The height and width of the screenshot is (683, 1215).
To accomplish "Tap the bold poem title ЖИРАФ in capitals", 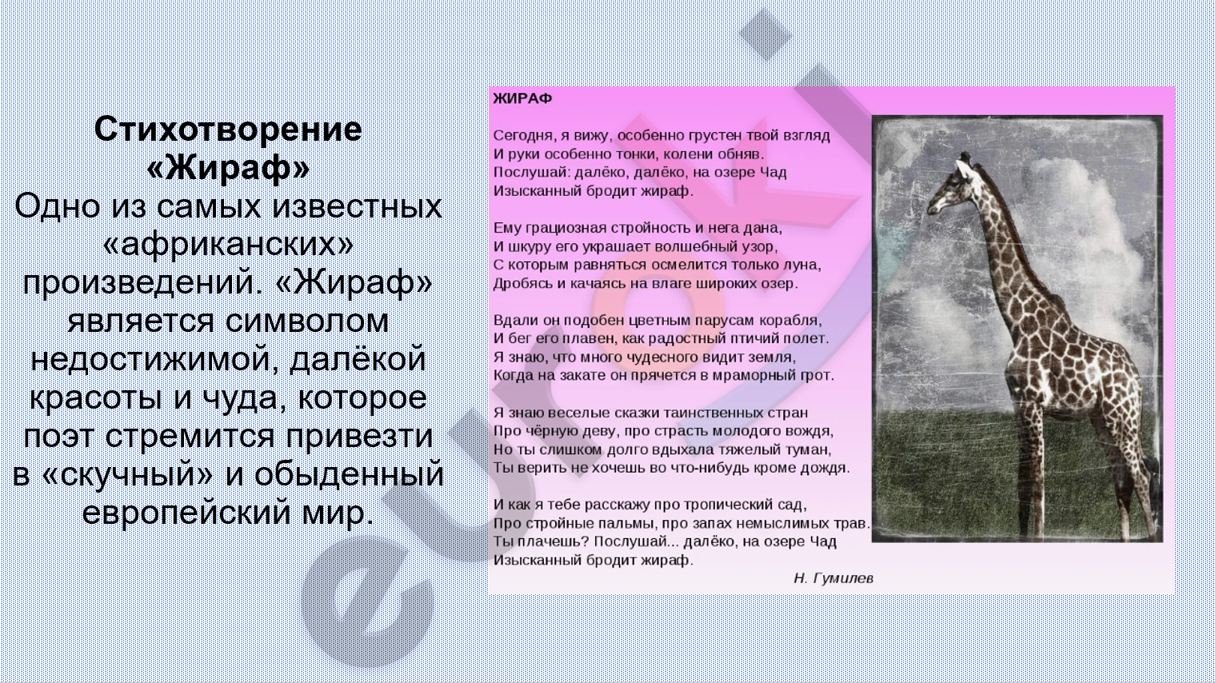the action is pos(522,98).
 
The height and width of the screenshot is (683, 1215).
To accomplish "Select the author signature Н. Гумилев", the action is pos(833,578).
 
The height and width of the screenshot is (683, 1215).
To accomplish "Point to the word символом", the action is pos(306,321).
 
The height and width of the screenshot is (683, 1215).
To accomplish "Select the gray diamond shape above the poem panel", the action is pos(765,34).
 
